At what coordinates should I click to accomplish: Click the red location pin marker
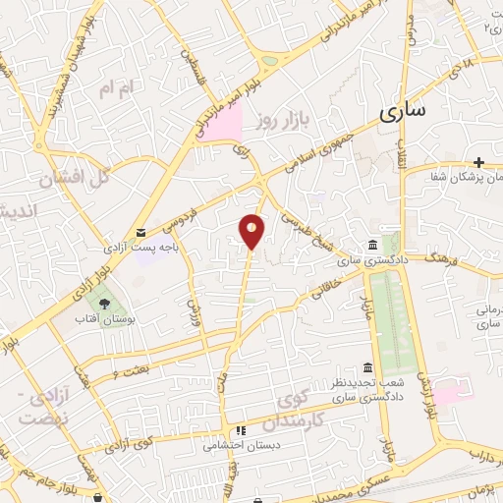(252, 230)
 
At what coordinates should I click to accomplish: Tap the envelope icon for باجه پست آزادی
(142, 232)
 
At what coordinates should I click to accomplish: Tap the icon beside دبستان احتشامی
(240, 429)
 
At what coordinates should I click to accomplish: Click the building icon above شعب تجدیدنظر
(367, 367)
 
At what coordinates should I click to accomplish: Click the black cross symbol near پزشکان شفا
(478, 162)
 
